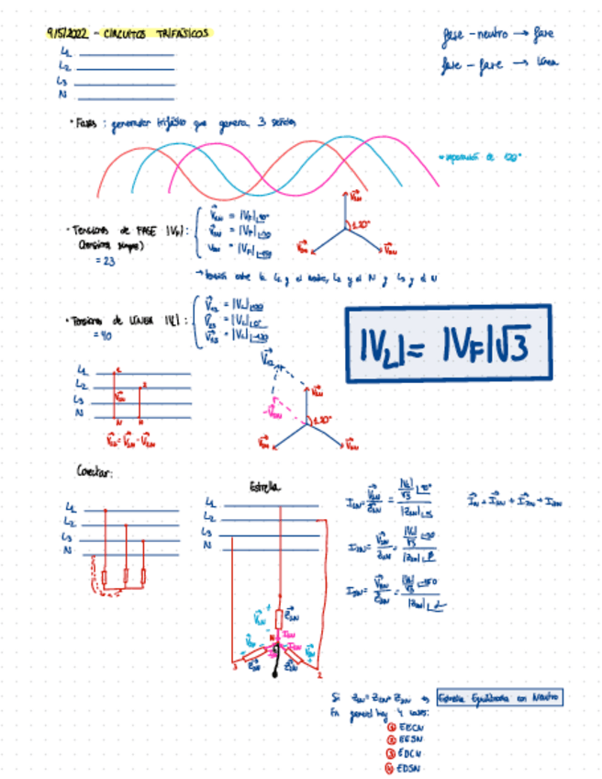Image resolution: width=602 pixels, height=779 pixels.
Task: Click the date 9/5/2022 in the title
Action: click(x=67, y=33)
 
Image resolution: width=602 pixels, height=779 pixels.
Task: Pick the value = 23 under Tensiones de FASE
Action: click(x=104, y=261)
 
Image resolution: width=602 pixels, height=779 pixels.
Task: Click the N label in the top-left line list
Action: click(x=62, y=94)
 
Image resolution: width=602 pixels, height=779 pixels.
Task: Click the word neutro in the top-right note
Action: click(x=496, y=35)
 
